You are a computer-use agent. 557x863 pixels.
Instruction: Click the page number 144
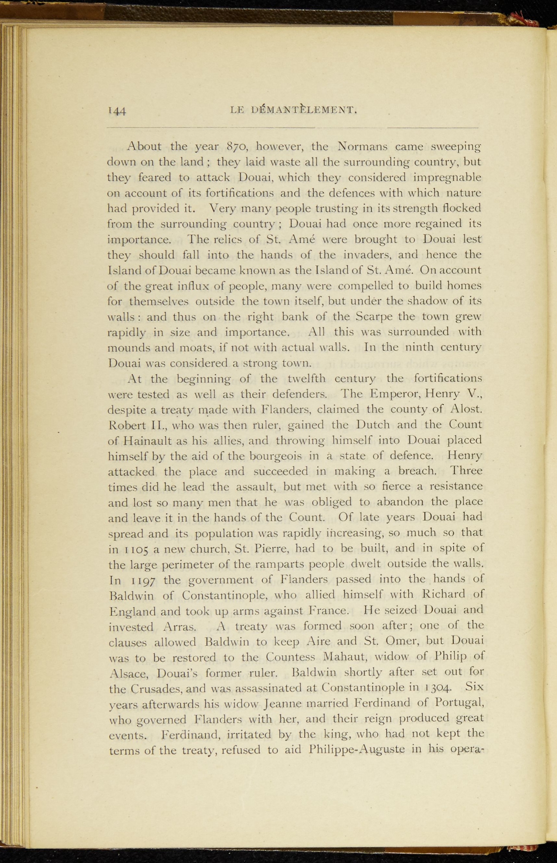(x=117, y=111)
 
